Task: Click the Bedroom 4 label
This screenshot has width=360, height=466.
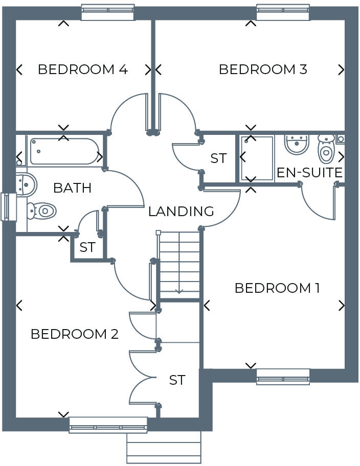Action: coord(82,69)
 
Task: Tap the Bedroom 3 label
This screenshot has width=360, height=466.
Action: coord(263,69)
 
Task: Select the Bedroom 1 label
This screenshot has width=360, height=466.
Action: coord(277,288)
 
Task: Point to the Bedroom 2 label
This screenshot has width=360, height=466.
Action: coord(75,334)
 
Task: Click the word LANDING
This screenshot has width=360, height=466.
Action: coord(181,211)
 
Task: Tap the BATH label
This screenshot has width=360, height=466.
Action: coord(72,188)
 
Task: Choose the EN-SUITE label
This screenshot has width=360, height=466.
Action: coord(309,173)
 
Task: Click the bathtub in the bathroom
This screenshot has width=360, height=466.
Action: coord(64,151)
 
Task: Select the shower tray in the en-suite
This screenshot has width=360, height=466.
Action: coord(257,158)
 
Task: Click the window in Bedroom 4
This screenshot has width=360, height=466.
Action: coord(108,12)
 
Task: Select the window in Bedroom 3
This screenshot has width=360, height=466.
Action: coord(283,12)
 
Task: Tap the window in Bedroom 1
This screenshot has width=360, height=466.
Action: coord(283,376)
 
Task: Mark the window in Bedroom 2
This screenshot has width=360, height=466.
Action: coord(108,425)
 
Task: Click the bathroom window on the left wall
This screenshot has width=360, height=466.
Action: coord(7,206)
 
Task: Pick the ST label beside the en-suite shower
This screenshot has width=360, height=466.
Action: coord(218,158)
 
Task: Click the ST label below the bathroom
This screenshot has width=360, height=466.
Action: coord(87,247)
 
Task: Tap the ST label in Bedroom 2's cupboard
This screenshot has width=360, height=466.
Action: coord(177,380)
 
